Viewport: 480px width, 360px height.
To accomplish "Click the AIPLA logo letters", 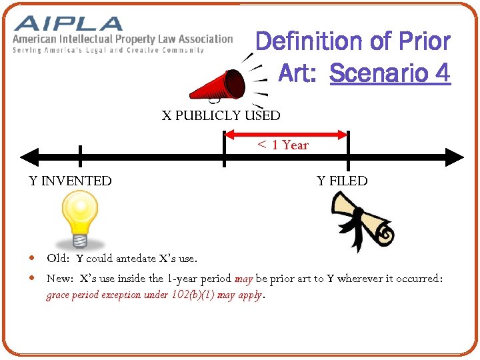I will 69,24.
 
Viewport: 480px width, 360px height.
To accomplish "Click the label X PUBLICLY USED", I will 221,115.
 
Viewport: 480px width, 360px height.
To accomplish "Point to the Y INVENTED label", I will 70,181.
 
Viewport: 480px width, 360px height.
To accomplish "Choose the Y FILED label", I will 342,181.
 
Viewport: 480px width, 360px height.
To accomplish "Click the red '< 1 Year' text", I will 283,145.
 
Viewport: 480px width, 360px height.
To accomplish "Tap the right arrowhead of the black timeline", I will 457,157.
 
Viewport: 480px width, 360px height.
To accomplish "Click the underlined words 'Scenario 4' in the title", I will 390,73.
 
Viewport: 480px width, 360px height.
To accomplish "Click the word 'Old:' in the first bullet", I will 58,258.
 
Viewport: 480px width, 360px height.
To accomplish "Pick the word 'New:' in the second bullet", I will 60,278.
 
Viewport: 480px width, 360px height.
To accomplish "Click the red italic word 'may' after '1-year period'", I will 243,278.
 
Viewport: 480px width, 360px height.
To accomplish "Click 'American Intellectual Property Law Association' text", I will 123,39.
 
